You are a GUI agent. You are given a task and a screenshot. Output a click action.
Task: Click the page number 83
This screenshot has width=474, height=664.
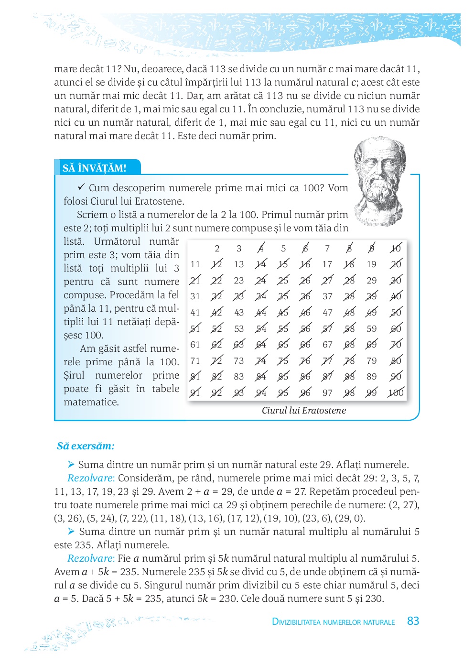pyautogui.click(x=413, y=621)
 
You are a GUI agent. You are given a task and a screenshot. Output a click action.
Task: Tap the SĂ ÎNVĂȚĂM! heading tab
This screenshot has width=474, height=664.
pyautogui.click(x=95, y=168)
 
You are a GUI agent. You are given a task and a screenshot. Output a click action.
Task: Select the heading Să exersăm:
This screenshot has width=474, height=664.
pyautogui.click(x=86, y=446)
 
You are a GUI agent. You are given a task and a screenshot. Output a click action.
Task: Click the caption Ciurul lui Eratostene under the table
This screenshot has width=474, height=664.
pyautogui.click(x=303, y=410)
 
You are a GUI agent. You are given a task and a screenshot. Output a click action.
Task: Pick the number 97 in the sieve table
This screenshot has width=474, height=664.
pyautogui.click(x=327, y=392)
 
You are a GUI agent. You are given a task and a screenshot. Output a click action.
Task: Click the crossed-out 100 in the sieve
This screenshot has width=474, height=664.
pyautogui.click(x=396, y=392)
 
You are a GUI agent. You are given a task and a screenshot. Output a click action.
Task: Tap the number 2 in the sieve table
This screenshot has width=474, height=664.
pyautogui.click(x=217, y=248)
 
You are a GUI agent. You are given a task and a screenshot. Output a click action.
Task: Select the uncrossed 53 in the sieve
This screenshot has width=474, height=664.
pyautogui.click(x=239, y=328)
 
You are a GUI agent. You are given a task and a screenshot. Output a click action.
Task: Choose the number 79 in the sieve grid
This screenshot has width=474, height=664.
pyautogui.click(x=371, y=360)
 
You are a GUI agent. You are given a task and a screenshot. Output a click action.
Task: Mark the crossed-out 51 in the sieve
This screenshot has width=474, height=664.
pyautogui.click(x=195, y=328)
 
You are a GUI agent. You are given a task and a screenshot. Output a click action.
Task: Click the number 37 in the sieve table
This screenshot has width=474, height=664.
pyautogui.click(x=327, y=296)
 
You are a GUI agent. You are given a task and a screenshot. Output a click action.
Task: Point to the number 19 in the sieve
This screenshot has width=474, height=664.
pyautogui.click(x=371, y=264)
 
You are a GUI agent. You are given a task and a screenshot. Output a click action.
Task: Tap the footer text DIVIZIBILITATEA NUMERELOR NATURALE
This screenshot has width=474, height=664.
pyautogui.click(x=333, y=622)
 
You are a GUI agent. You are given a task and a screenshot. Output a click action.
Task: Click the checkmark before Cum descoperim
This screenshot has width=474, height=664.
pyautogui.click(x=81, y=187)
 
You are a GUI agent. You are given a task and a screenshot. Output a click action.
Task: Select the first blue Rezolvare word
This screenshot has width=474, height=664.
pyautogui.click(x=91, y=478)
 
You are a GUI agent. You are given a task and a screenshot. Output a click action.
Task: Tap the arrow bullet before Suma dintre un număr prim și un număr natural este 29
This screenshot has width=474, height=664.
pyautogui.click(x=71, y=464)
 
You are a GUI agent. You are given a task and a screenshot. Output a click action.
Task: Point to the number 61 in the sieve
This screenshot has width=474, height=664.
pyautogui.click(x=195, y=344)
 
